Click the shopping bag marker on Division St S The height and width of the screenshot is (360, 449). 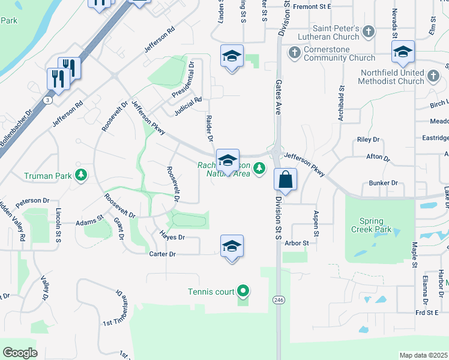(286, 179)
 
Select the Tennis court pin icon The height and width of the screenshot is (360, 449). (243, 292)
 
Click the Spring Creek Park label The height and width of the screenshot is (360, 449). (376, 225)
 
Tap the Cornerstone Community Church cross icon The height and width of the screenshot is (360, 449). (294, 53)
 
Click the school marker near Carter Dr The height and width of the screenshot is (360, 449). (232, 247)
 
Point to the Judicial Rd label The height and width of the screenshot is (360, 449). (188, 106)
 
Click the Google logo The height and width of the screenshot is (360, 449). (20, 352)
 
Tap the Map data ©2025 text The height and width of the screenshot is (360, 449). (423, 355)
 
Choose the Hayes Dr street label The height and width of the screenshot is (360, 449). (172, 237)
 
